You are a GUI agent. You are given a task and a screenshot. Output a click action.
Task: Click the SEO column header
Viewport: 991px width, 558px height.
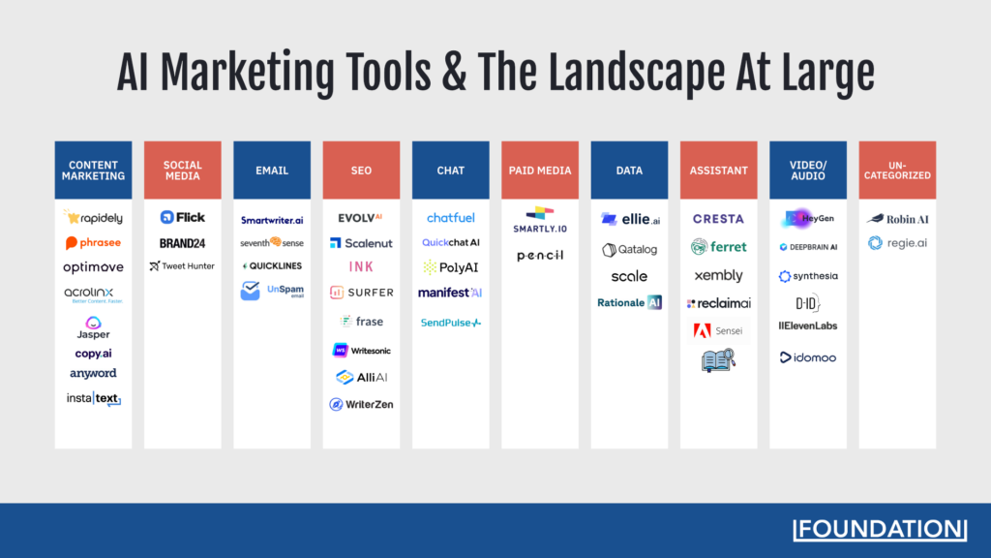point(361,170)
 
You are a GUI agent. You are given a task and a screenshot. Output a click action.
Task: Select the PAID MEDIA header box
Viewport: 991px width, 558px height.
point(540,170)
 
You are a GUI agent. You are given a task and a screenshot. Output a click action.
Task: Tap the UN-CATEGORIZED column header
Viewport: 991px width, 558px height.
point(897,170)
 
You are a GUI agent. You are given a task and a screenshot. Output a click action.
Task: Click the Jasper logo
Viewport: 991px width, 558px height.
point(94,327)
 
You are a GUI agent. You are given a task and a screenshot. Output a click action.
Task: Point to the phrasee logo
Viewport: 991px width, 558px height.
point(93,243)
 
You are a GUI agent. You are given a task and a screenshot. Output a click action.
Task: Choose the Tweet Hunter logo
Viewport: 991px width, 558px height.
point(182,266)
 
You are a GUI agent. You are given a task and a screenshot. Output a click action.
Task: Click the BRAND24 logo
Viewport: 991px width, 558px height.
point(183,243)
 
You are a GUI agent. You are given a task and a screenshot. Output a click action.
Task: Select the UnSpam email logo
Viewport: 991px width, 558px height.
point(272,291)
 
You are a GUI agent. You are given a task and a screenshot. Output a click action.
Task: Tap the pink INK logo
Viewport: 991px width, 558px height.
point(361,266)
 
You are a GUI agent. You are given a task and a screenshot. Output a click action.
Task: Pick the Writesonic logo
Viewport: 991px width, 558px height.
point(361,350)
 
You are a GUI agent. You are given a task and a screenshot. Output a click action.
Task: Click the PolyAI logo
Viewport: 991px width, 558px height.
point(451,267)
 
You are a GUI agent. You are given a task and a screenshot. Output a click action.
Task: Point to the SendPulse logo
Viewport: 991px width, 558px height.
point(451,323)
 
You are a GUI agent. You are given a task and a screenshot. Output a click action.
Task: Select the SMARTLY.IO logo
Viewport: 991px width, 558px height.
point(540,218)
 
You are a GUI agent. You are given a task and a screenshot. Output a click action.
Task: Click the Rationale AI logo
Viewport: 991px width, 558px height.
point(629,302)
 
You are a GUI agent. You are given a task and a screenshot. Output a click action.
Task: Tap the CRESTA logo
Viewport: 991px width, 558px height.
point(718,219)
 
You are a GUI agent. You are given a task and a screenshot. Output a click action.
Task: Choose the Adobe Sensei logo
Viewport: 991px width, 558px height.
point(718,331)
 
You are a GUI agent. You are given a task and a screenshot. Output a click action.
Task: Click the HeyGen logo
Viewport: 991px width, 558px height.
point(807,219)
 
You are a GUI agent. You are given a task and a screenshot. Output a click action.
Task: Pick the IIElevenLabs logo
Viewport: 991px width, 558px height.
point(808,325)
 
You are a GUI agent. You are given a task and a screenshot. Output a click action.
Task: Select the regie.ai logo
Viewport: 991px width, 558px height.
point(897,243)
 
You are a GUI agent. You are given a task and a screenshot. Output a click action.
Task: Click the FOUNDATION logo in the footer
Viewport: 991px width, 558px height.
point(879,529)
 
